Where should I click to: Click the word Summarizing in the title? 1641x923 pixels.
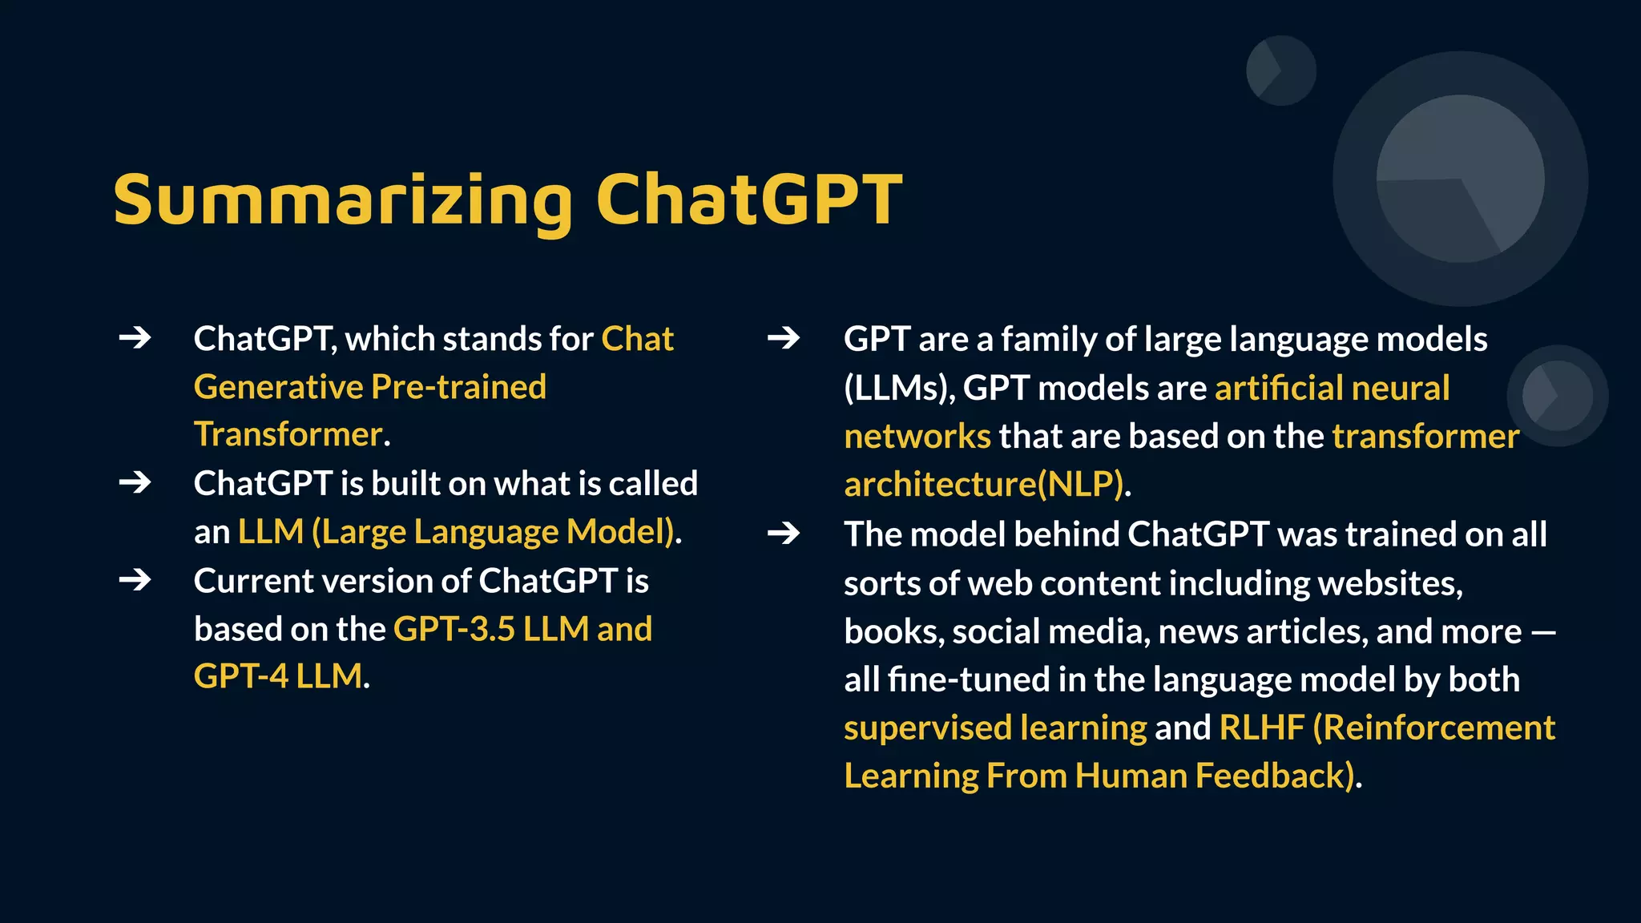coord(343,200)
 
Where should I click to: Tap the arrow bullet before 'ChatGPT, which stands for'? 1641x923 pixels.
coord(135,338)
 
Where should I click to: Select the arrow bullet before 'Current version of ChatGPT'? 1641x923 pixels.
coord(135,579)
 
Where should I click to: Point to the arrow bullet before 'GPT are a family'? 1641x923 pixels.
coord(783,338)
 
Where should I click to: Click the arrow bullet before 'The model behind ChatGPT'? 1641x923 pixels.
coord(783,533)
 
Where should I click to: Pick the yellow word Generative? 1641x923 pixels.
coord(279,387)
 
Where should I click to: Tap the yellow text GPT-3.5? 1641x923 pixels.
coord(454,629)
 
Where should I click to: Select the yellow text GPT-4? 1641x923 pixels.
coord(240,676)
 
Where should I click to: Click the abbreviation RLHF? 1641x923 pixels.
coord(1261,728)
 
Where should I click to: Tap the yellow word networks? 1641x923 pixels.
coord(917,437)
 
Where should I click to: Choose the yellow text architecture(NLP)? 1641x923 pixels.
coord(986,485)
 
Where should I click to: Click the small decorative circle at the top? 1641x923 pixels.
coord(1280,71)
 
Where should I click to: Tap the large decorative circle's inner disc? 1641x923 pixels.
coord(1460,178)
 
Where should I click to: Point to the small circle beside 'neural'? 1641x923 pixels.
coord(1557,395)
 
